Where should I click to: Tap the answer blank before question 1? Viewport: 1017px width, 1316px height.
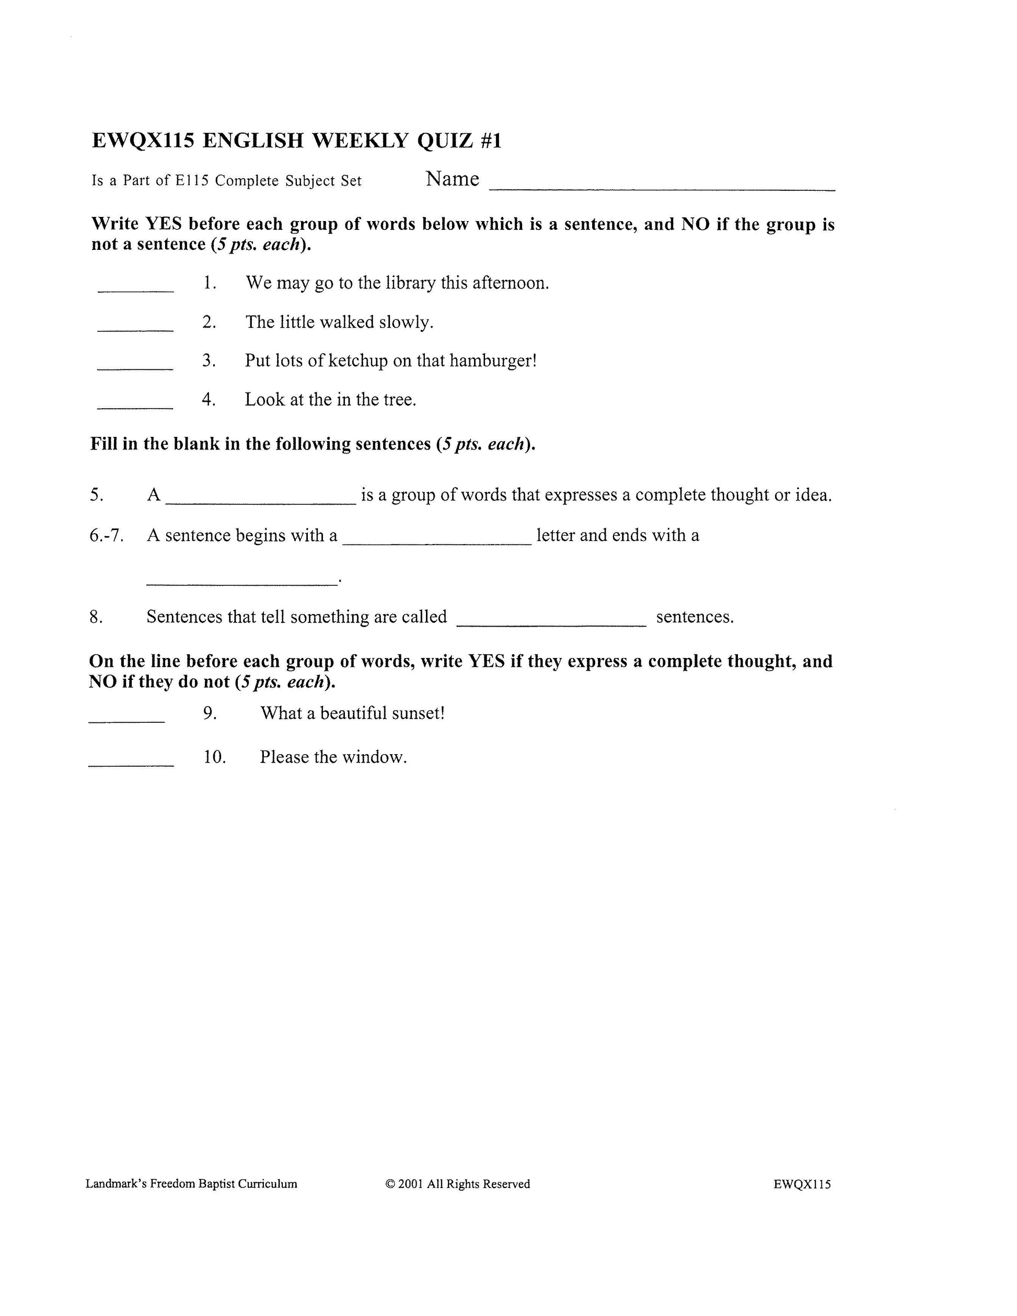click(135, 291)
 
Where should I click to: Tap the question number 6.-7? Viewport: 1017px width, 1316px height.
click(107, 535)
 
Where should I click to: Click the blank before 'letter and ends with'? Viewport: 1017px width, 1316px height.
click(437, 543)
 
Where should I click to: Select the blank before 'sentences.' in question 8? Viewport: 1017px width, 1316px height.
click(551, 625)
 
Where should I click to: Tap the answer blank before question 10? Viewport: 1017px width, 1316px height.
click(131, 764)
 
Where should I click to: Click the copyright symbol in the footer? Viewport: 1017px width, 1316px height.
click(390, 1184)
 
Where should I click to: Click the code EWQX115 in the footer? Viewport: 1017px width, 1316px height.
click(802, 1184)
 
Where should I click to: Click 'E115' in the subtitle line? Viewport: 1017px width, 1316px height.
click(192, 180)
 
